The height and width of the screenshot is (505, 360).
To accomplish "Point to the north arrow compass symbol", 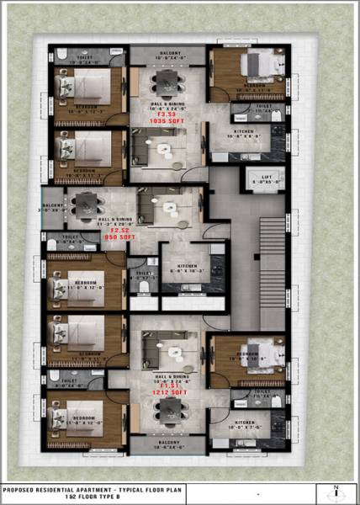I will [337, 493].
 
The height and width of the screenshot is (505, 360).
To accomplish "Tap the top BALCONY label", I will [165, 52].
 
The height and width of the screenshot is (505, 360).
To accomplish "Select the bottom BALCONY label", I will [165, 440].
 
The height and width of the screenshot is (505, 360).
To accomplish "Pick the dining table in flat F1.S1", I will [168, 409].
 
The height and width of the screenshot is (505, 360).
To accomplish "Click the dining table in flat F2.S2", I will [87, 204].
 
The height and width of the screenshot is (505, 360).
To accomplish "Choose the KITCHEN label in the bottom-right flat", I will [244, 422].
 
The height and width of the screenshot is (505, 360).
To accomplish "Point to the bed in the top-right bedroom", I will [255, 66].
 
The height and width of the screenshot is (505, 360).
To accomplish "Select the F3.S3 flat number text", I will [165, 114].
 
